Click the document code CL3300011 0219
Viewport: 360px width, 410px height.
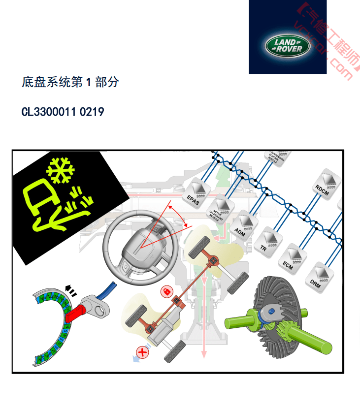pyautogui.click(x=63, y=112)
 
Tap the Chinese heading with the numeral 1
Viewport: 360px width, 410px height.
pyautogui.click(x=70, y=82)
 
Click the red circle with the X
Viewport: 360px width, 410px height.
pyautogui.click(x=143, y=351)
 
